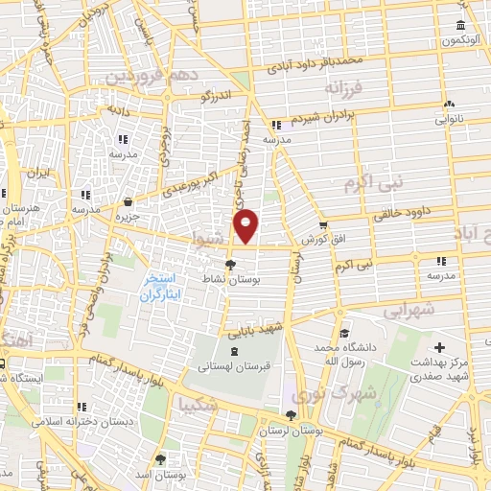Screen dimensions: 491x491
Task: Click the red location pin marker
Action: click(246, 225)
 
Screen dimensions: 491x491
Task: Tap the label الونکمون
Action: click(459, 40)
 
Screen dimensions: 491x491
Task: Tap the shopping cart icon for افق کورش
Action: click(324, 224)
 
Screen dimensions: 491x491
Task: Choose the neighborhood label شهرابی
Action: click(409, 310)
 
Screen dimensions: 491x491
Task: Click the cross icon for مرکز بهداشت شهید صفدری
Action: click(439, 347)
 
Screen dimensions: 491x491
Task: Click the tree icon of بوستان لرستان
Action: click(291, 415)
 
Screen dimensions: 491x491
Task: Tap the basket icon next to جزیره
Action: click(128, 201)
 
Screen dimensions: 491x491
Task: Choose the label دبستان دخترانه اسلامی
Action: click(81, 421)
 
